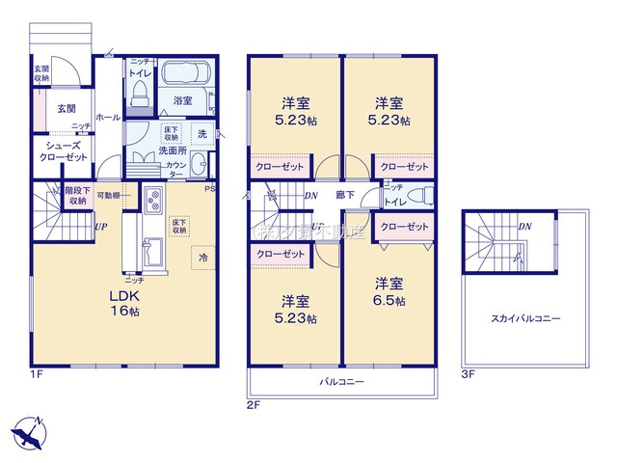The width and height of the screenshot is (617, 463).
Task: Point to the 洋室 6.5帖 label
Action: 389,291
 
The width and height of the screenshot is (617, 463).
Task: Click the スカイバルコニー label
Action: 525,317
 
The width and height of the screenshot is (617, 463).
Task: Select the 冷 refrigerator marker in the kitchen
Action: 203,259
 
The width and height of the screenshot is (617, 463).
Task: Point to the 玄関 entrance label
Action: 66,109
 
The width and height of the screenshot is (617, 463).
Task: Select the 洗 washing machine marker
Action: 202,132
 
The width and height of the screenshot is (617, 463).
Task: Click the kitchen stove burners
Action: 152,202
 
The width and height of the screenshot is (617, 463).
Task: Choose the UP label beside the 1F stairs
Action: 101,228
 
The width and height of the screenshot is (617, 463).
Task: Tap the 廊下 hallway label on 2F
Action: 344,195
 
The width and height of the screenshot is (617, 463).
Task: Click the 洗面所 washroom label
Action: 174,151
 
